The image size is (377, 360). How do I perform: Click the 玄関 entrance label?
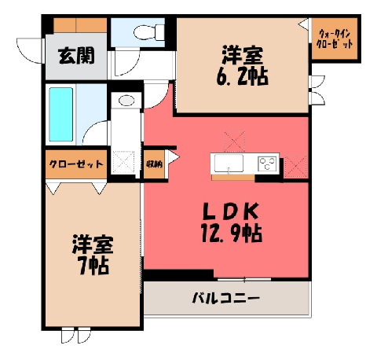pos(76,56)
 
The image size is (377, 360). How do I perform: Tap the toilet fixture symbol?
pos(149,32)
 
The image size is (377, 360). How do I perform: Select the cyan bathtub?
pos(61,114)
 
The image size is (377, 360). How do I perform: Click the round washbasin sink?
pos(126,101)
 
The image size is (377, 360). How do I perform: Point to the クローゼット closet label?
pos(76,164)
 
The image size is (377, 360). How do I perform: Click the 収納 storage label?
pos(154,164)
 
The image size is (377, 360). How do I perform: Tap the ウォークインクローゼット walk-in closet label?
pos(335,39)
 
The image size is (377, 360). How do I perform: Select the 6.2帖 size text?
pos(242,76)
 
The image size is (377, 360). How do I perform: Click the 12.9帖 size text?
pos(232,233)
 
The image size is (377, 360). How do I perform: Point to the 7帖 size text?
pos(94,266)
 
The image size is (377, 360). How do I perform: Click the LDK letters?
pos(232,211)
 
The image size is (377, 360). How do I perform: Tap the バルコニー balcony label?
pos(226,299)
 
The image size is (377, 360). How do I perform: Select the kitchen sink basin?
pos(229,163)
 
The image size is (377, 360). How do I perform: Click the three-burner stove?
pos(267,163)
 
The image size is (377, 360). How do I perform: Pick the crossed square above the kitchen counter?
pos(234,141)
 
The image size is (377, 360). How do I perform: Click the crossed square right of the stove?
pos(295,166)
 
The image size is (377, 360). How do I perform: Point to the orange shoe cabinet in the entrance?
pos(80,25)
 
